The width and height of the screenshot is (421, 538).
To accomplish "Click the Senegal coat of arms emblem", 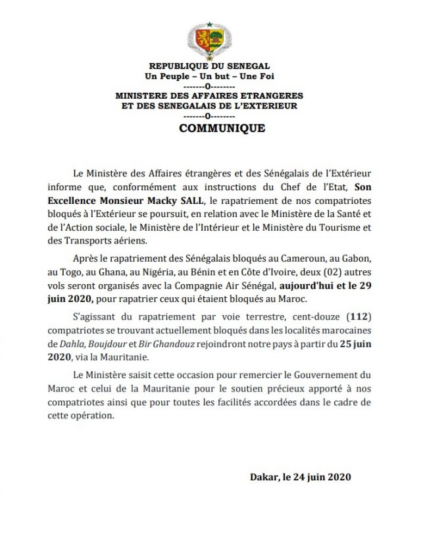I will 209,41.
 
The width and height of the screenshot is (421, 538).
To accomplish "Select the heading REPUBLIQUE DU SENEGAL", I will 210,67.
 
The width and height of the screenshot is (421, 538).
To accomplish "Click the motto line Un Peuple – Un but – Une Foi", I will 210,77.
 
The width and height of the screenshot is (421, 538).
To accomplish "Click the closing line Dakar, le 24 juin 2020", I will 301,477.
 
